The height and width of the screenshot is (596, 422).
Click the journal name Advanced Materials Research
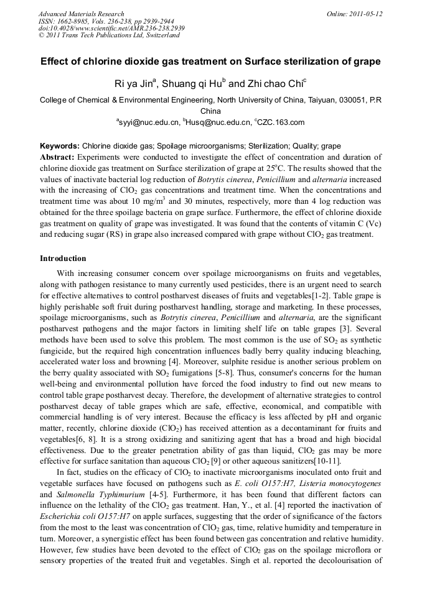click(x=81, y=14)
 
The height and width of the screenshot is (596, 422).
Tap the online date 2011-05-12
click(x=365, y=14)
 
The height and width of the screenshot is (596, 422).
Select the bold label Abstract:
click(x=57, y=157)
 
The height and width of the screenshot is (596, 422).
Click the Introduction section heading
click(x=63, y=258)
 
